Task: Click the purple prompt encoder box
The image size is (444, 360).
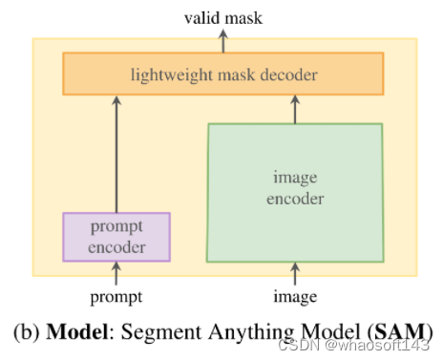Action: tap(116, 237)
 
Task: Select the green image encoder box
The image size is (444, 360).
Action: tap(294, 190)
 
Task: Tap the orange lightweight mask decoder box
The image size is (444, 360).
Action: tap(222, 74)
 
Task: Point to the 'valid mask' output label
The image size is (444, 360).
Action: tap(223, 16)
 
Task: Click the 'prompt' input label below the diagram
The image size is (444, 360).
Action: tap(116, 296)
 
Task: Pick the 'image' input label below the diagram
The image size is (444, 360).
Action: tap(295, 296)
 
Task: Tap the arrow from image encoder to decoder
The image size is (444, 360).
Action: tap(295, 109)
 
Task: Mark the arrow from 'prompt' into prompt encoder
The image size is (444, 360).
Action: tap(116, 274)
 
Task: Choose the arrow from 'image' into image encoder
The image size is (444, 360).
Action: tap(295, 274)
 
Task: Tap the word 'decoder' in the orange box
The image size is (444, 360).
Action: tap(287, 74)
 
